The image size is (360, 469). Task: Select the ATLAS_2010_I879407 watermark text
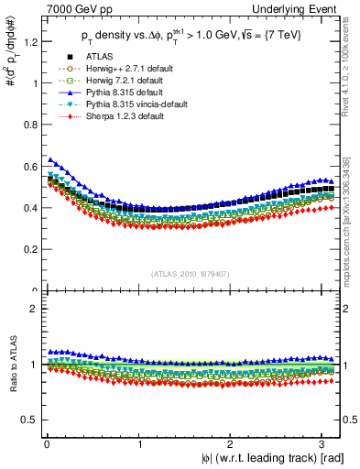[191, 274]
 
